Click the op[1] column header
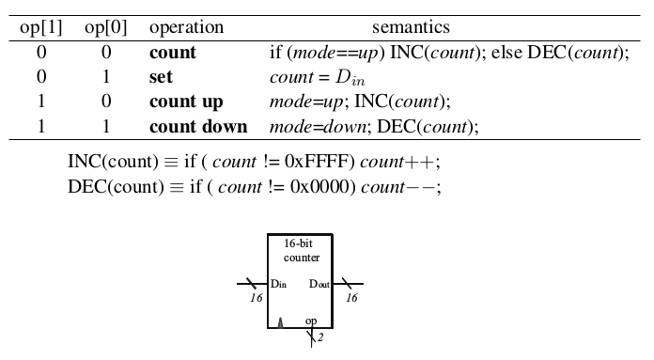tap(40, 28)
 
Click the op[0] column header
tap(105, 28)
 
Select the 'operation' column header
tap(186, 28)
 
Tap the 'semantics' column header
tap(411, 28)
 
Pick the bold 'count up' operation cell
tap(186, 102)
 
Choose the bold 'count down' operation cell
tap(198, 126)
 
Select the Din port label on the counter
tap(278, 284)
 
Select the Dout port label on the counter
tap(319, 284)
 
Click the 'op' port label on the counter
tap(311, 321)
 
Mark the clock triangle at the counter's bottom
tap(280, 322)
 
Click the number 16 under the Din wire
tap(257, 298)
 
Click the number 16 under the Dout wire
tap(351, 298)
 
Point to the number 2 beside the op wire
tap(319, 337)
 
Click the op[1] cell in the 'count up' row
tap(40, 102)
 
